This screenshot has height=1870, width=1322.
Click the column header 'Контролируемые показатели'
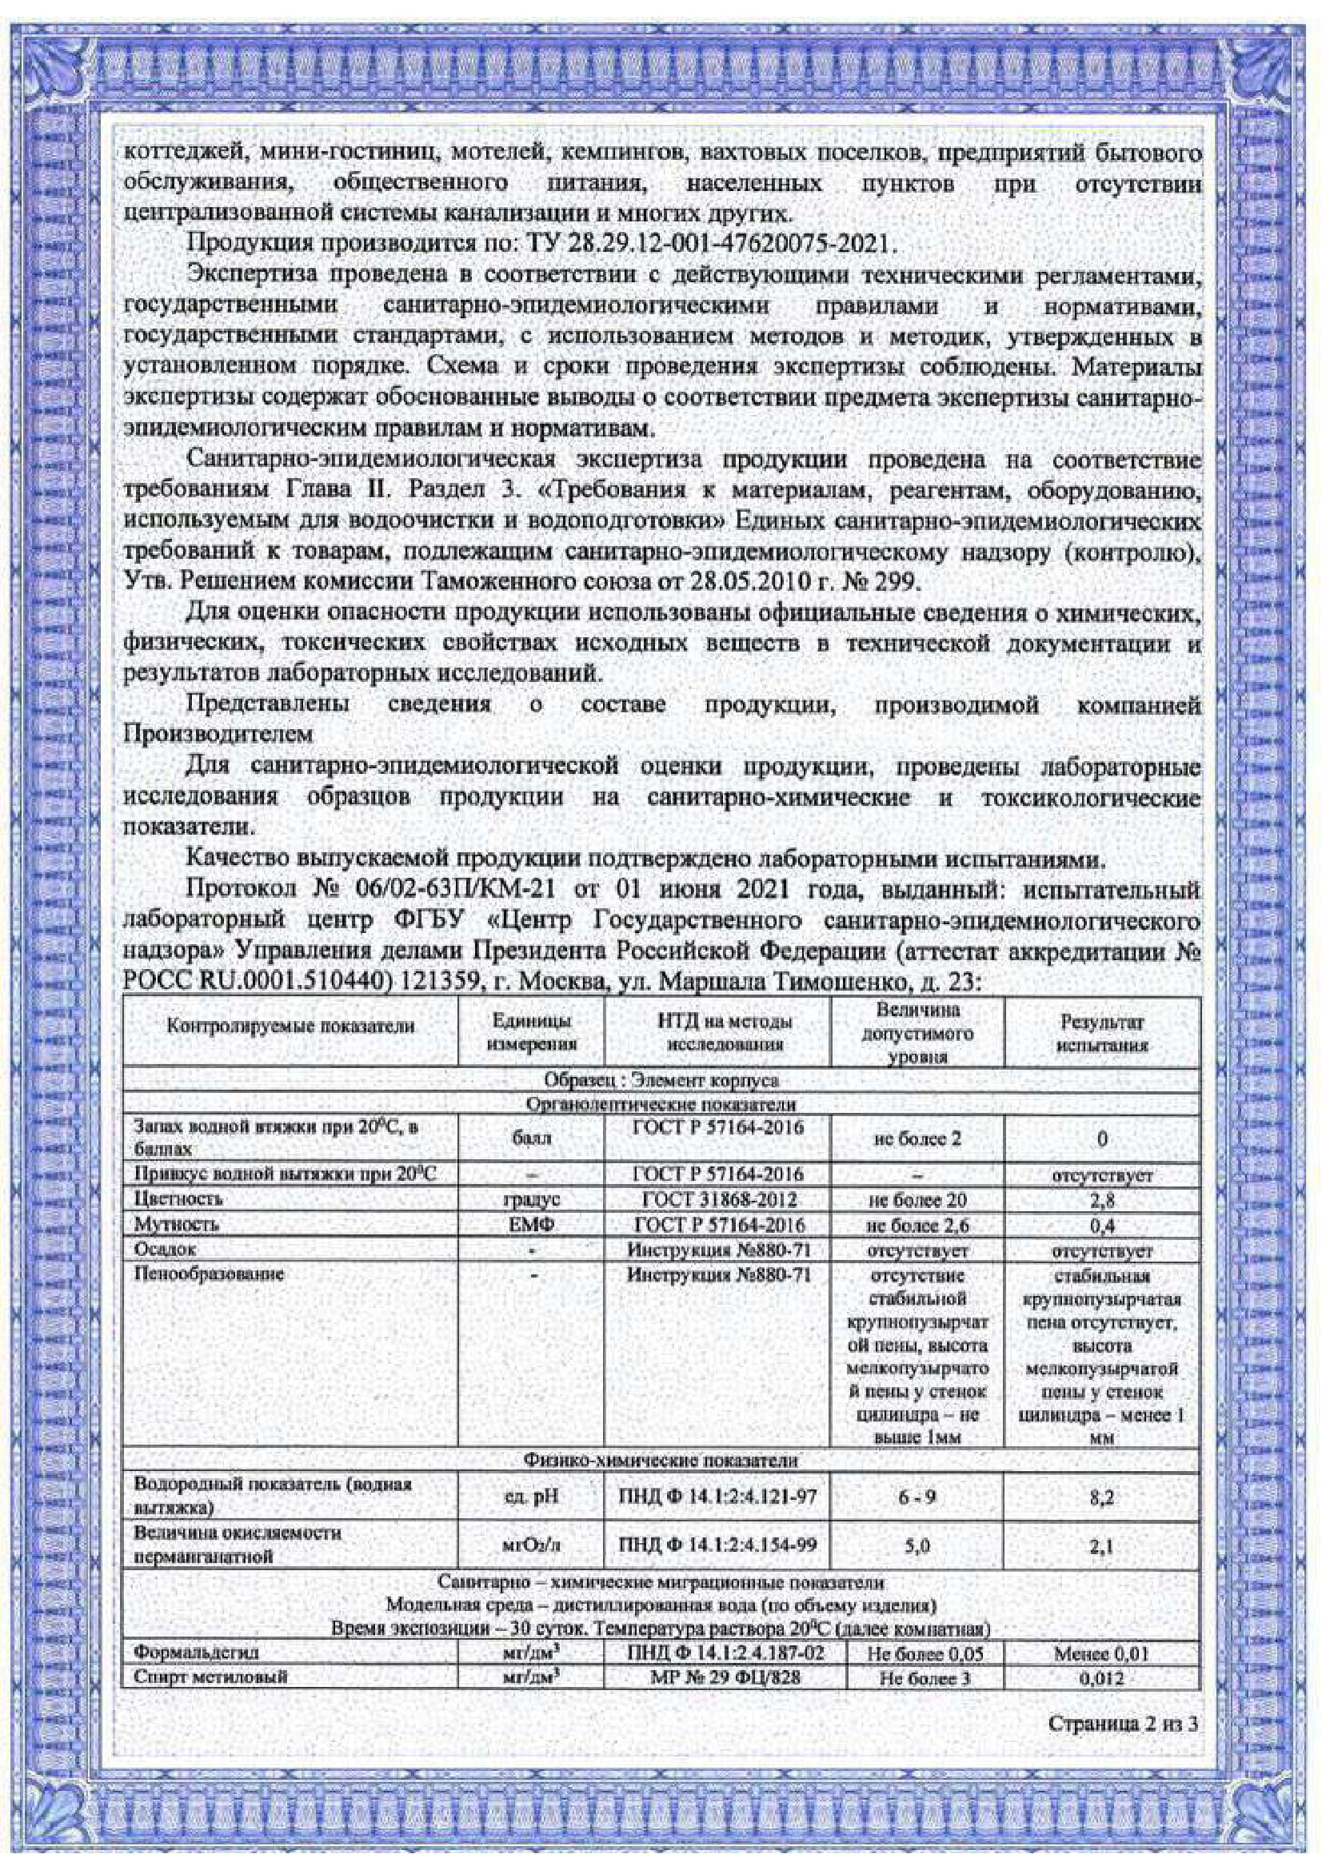pyautogui.click(x=290, y=1026)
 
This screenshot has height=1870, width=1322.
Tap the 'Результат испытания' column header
pyautogui.click(x=1101, y=1033)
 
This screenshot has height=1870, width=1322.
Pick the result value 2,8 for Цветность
pyautogui.click(x=1101, y=1200)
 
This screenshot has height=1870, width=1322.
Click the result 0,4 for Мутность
pyautogui.click(x=1101, y=1225)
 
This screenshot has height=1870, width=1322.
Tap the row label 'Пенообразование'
pyautogui.click(x=209, y=1274)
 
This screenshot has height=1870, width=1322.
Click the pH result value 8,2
pyautogui.click(x=1101, y=1497)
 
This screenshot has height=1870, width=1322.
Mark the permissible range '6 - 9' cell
pyautogui.click(x=917, y=1497)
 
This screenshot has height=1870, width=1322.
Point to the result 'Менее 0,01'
pyautogui.click(x=1101, y=1653)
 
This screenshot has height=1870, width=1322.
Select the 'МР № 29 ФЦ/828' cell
pyautogui.click(x=717, y=1678)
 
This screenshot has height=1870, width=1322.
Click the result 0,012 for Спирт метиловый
pyautogui.click(x=1101, y=1679)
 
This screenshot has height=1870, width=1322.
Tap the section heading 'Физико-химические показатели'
pyautogui.click(x=661, y=1461)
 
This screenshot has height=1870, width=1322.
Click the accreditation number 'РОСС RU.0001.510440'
pyautogui.click(x=253, y=983)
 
